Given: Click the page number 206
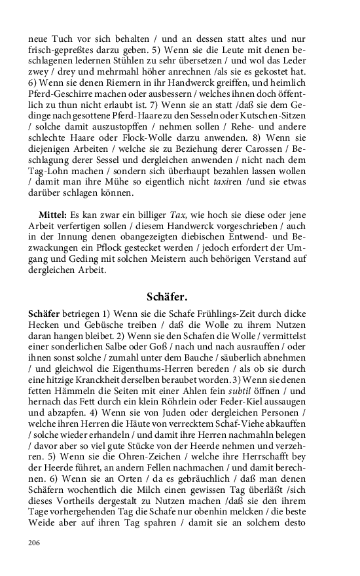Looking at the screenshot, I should [35, 543].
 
